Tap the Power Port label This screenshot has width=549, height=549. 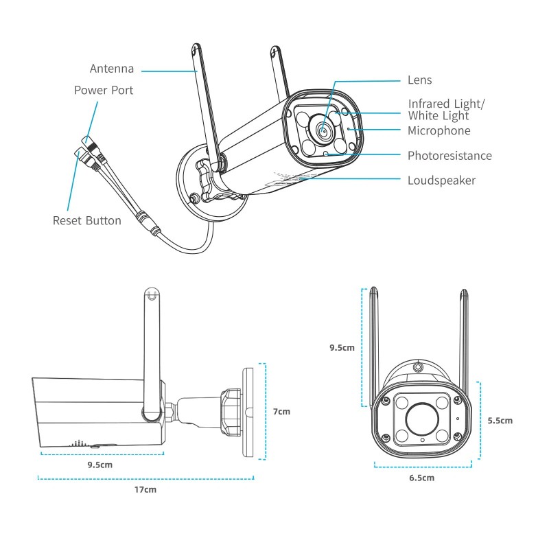(x=104, y=90)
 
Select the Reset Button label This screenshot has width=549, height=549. (x=87, y=220)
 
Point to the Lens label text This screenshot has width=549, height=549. (x=419, y=80)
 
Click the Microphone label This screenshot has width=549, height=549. (x=439, y=130)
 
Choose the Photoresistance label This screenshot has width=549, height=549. (x=449, y=156)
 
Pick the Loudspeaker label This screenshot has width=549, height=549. (x=441, y=180)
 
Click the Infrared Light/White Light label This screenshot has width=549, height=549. (x=446, y=110)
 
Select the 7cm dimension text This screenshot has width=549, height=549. (x=281, y=412)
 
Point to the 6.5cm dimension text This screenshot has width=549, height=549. (x=421, y=478)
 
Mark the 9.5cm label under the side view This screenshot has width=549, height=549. (x=100, y=465)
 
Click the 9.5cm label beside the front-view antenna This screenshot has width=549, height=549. (x=342, y=347)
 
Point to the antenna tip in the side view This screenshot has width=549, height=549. (x=152, y=295)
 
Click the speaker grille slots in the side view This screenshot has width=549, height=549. (x=80, y=443)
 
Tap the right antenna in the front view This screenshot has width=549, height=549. (x=464, y=343)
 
